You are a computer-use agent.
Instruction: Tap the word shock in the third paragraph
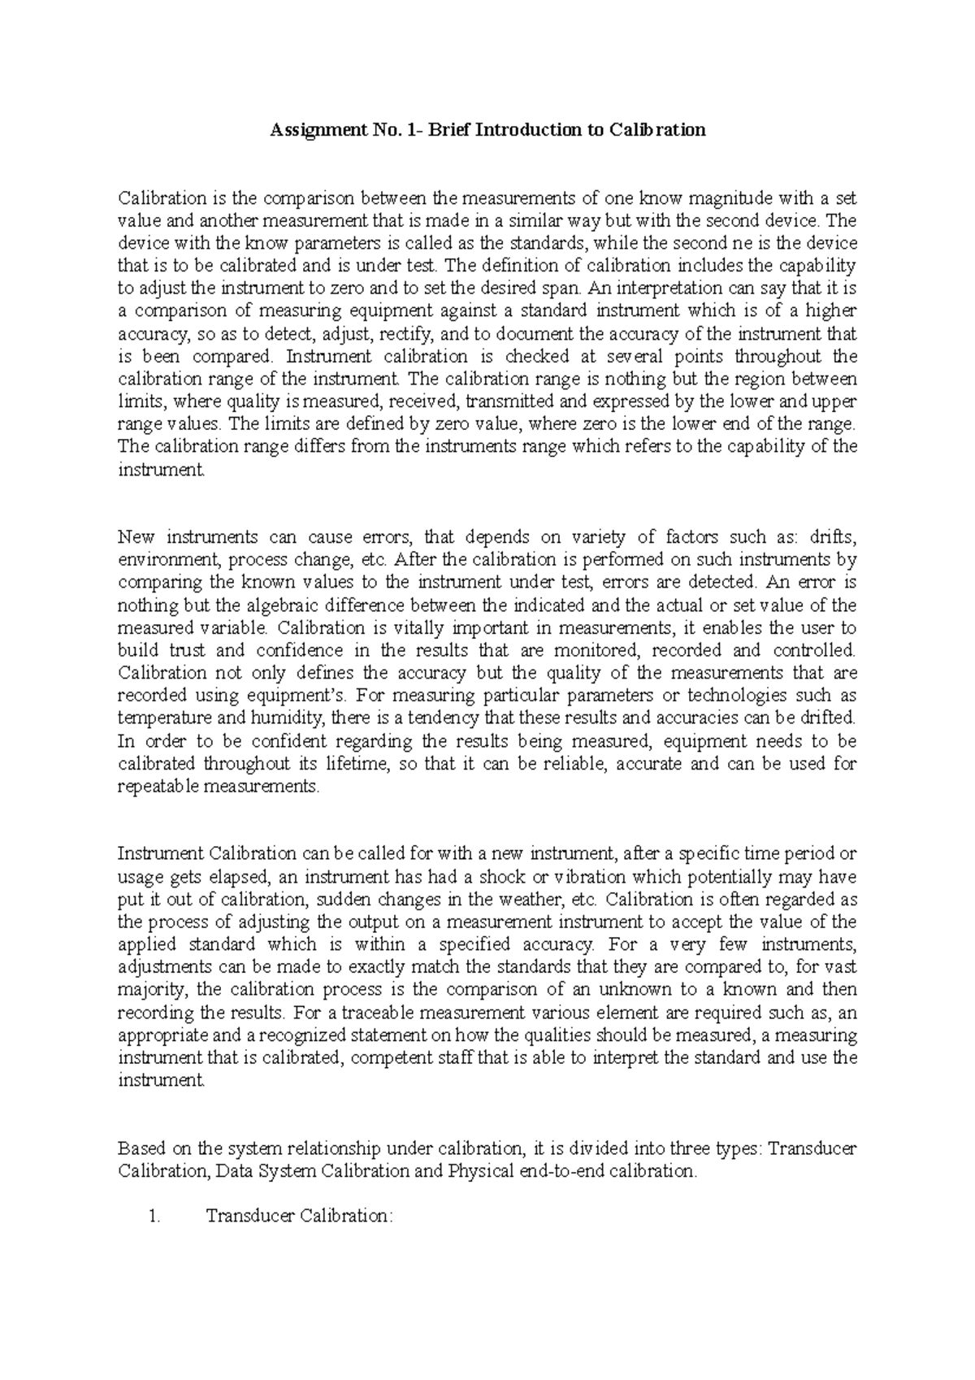pos(503,877)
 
